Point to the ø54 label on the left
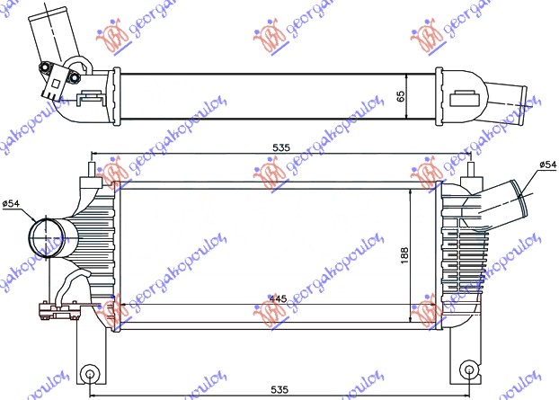12,204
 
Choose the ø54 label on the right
547,164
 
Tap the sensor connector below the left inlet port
56,311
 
